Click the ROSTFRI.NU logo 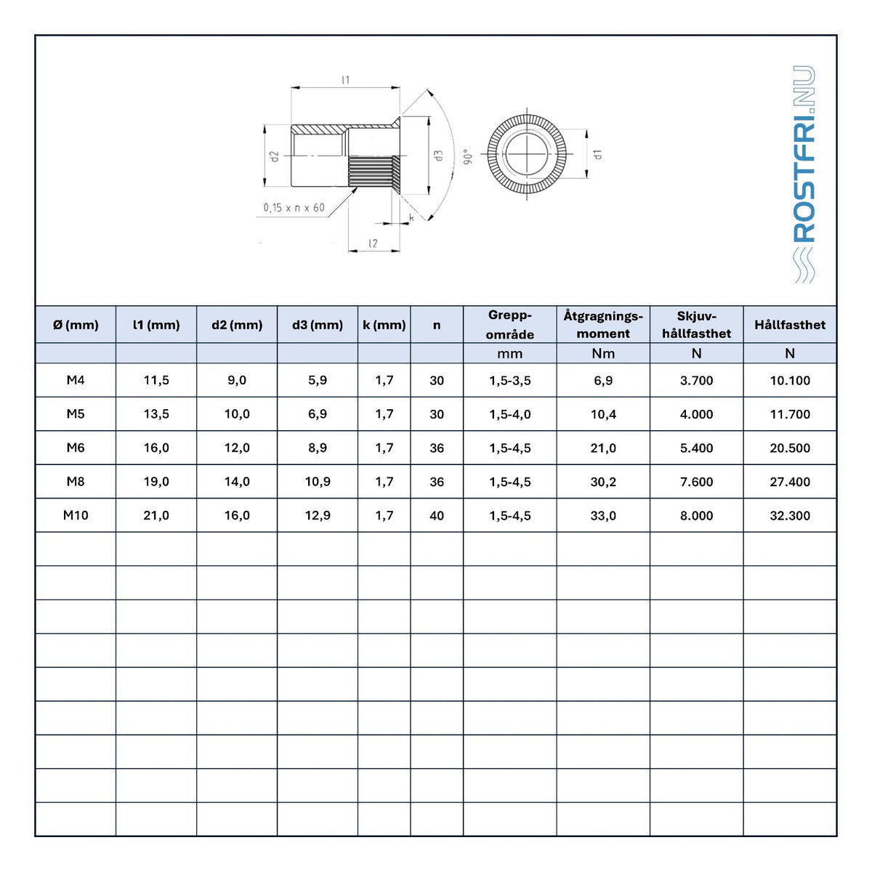click(804, 174)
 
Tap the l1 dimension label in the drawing click(346, 80)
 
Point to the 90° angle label click(468, 156)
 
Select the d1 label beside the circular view click(598, 154)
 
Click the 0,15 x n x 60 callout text click(294, 208)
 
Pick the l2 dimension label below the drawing click(373, 243)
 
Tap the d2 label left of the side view click(274, 156)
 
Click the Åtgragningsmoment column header click(603, 324)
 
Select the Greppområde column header click(509, 324)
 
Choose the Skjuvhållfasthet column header click(696, 324)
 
